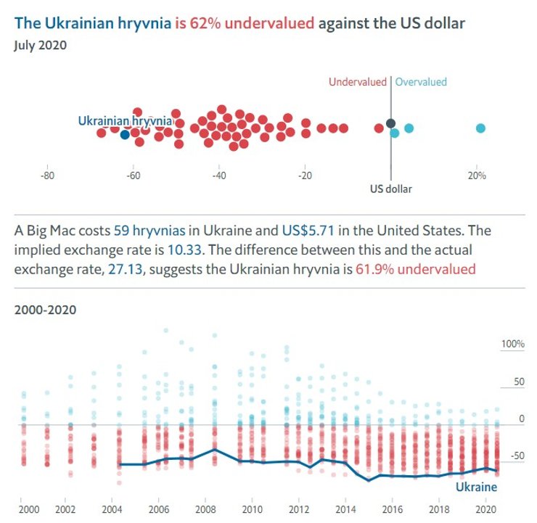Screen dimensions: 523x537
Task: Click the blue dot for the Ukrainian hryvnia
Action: point(125,134)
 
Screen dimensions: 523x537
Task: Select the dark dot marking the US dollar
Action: point(390,124)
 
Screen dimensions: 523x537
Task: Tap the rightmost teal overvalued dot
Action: point(480,128)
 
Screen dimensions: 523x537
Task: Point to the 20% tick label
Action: point(477,176)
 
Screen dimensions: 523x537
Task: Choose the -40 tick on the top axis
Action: point(219,176)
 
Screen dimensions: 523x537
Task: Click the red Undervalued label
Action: point(358,82)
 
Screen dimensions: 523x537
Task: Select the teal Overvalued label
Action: point(421,82)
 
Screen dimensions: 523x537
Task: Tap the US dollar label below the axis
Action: point(391,189)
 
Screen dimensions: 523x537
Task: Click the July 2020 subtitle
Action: point(41,45)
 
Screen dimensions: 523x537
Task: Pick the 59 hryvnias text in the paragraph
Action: point(149,231)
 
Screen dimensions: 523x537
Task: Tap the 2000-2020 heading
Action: point(45,310)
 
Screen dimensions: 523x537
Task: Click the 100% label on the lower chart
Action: point(513,343)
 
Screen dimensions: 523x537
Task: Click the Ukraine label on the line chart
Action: point(476,487)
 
